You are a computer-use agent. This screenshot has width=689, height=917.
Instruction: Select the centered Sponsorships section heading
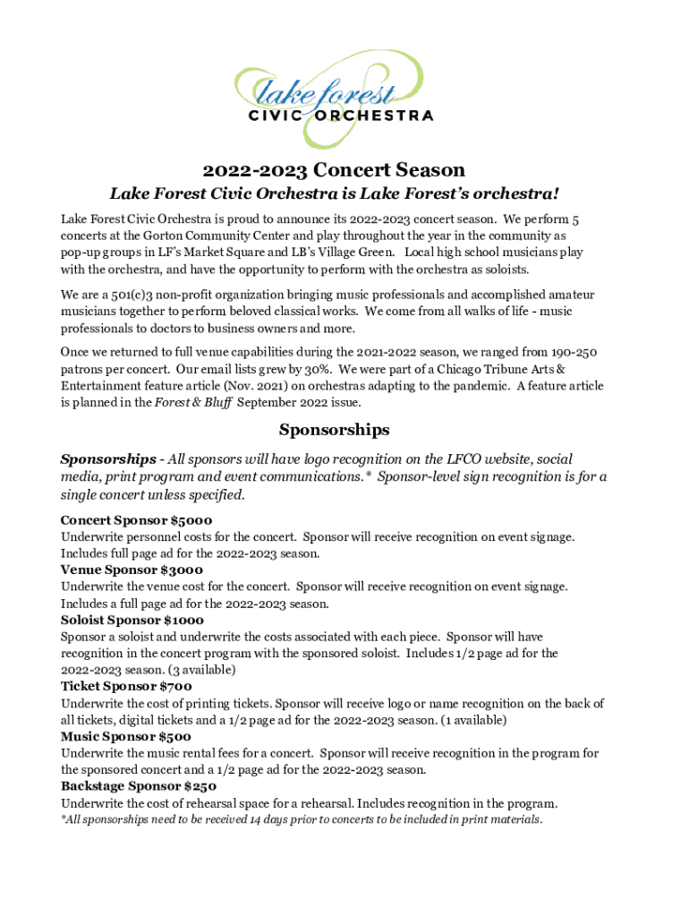point(334,430)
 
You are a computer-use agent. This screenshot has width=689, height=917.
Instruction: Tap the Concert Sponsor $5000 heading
point(136,520)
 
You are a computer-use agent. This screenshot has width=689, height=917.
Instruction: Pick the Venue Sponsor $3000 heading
point(132,570)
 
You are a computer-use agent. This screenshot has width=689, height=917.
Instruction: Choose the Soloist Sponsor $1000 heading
point(132,620)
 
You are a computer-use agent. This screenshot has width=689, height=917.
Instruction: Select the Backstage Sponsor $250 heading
point(139,787)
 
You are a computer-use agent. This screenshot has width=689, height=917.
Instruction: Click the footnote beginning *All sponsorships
point(302,819)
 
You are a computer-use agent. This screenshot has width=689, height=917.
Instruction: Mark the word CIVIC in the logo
point(276,116)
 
